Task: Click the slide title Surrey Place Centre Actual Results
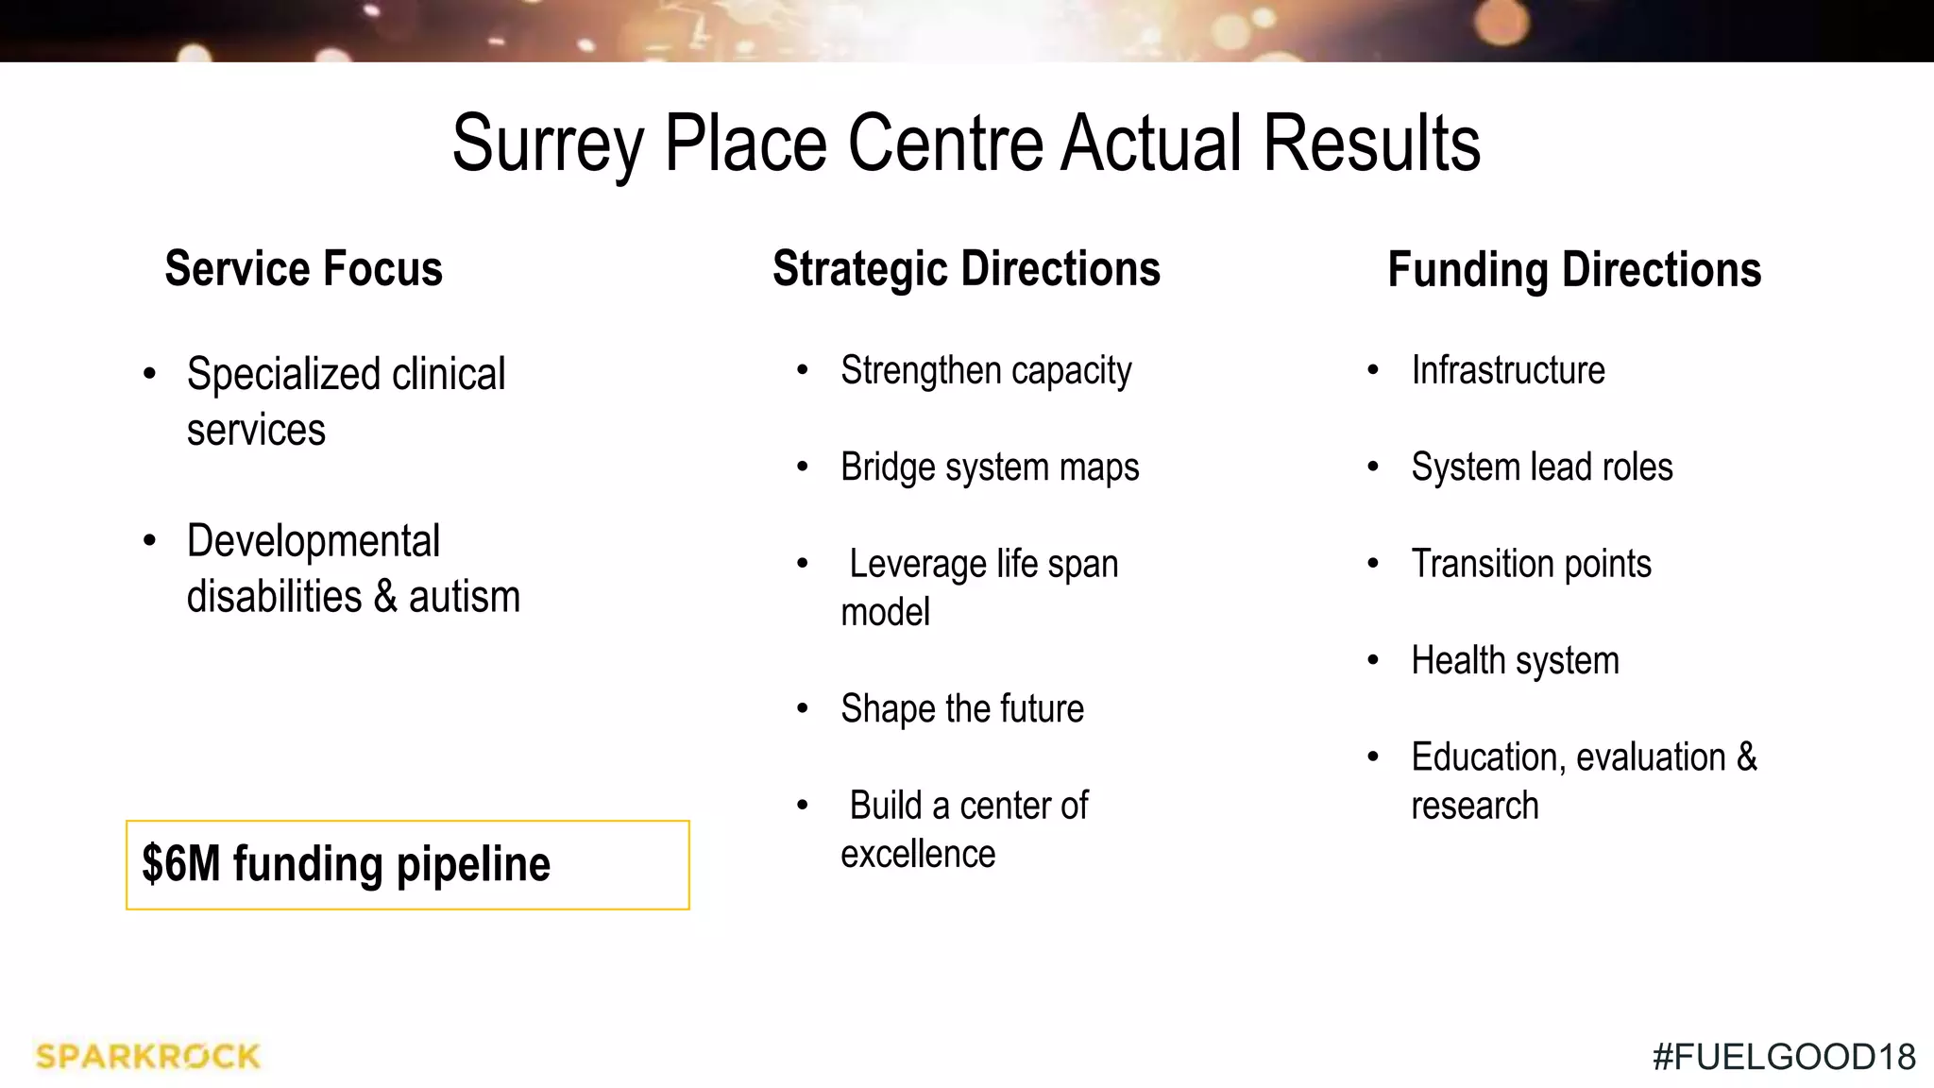pos(966,144)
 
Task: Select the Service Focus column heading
pos(303,269)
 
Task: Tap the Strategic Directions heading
pos(966,269)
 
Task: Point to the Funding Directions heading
pos(1574,270)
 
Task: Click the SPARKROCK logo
pos(147,1056)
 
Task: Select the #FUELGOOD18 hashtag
pos(1784,1057)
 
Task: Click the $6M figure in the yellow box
pos(180,864)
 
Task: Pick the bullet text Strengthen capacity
pos(986,371)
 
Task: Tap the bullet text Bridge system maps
pos(990,467)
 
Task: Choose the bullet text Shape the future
pos(962,709)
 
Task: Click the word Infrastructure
pos(1508,370)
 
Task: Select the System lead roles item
pos(1541,467)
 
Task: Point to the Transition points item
pos(1531,564)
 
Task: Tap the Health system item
pos(1515,661)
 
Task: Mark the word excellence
pos(918,855)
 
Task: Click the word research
pos(1474,807)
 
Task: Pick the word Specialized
pos(283,375)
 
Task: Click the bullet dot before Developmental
pos(149,541)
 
